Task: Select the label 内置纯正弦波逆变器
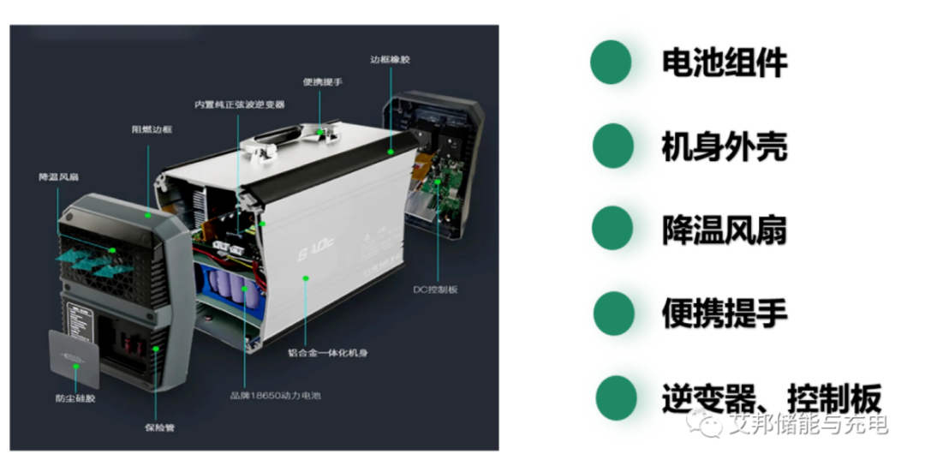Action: point(239,105)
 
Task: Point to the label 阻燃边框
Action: point(151,129)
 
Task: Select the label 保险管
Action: point(158,427)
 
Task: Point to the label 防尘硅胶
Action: point(75,398)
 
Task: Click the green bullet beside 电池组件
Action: point(611,63)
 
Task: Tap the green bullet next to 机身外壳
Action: point(612,146)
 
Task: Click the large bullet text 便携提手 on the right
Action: point(724,314)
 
